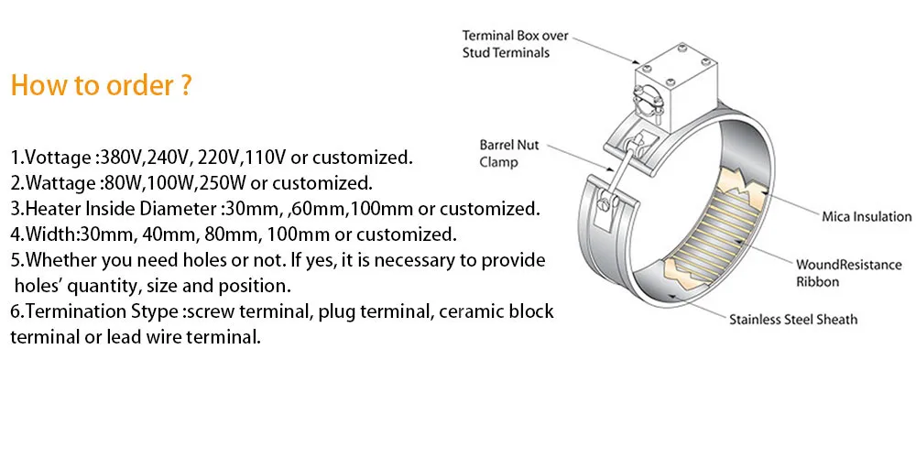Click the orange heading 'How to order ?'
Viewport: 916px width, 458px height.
[x=101, y=86]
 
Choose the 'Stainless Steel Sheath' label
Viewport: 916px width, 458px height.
[x=793, y=320]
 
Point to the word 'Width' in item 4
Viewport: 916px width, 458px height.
[x=41, y=234]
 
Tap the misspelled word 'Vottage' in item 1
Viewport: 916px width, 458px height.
[x=56, y=157]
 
